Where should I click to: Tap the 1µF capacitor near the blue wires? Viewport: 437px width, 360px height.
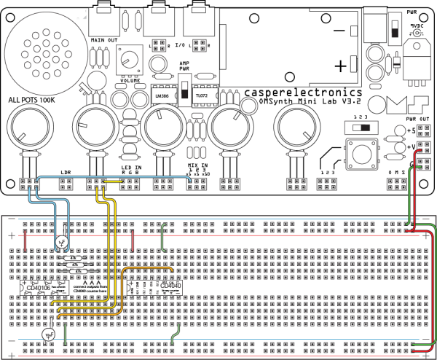pos(62,241)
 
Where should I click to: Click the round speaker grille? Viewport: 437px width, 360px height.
pos(45,52)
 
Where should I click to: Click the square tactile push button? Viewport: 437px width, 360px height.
pos(362,154)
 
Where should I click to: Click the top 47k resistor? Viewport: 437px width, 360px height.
pos(74,258)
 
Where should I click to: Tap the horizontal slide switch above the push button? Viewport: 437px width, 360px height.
pos(361,127)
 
